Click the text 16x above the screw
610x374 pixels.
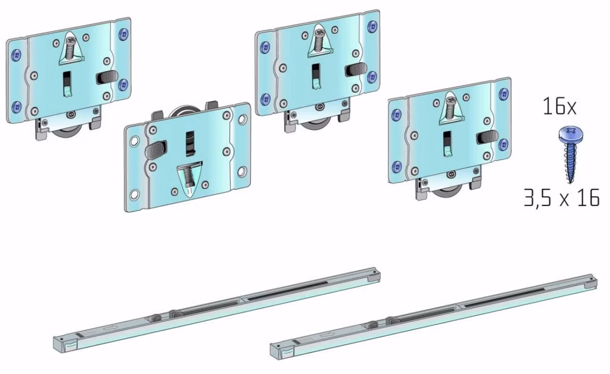tap(559, 106)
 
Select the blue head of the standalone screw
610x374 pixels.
tap(570, 135)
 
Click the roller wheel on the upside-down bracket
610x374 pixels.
tap(186, 111)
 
